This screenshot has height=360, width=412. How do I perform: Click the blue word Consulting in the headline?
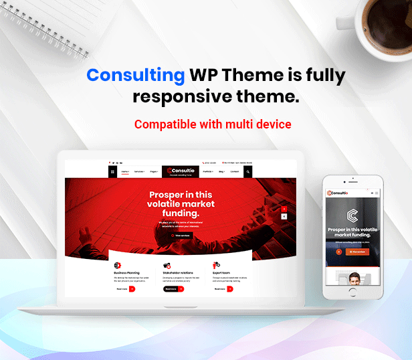point(136,75)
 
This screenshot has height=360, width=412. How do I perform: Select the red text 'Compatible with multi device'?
point(213,124)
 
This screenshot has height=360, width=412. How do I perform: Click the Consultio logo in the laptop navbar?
point(181,172)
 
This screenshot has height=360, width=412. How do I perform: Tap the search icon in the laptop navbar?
point(247,172)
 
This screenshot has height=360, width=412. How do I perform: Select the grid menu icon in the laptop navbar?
point(113,172)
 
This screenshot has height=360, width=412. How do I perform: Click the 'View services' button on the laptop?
point(181,236)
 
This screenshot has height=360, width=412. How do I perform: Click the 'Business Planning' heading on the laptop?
point(127,273)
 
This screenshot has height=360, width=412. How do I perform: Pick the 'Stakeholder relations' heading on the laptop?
point(178,273)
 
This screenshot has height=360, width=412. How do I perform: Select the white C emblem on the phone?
point(353,215)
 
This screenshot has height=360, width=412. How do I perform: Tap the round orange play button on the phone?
point(339,252)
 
